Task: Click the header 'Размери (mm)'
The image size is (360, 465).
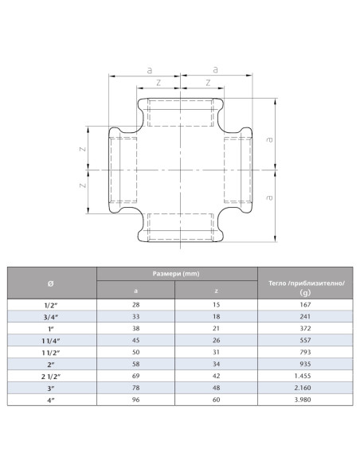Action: [176, 274]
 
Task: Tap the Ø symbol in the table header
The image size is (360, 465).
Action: [52, 283]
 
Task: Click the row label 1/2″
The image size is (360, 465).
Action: [52, 305]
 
